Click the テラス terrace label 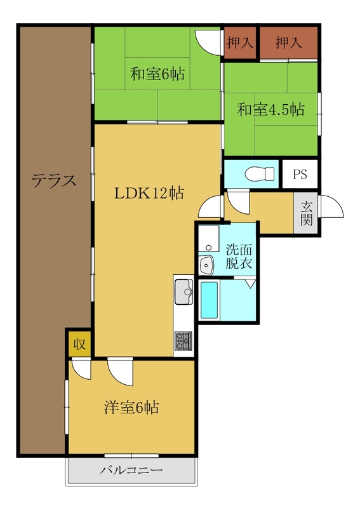[54, 180]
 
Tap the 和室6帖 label [157, 74]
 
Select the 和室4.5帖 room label [271, 109]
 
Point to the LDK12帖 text [149, 193]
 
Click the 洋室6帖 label [131, 407]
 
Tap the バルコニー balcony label [131, 470]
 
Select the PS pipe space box [300, 174]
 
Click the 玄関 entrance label [306, 213]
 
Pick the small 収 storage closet [79, 344]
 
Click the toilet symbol [260, 174]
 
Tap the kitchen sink [183, 292]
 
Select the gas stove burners [183, 341]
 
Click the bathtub [209, 300]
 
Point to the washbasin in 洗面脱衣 [206, 265]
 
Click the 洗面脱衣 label [239, 256]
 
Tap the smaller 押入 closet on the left [240, 43]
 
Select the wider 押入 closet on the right [289, 43]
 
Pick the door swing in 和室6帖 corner [208, 43]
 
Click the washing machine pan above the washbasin [209, 239]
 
